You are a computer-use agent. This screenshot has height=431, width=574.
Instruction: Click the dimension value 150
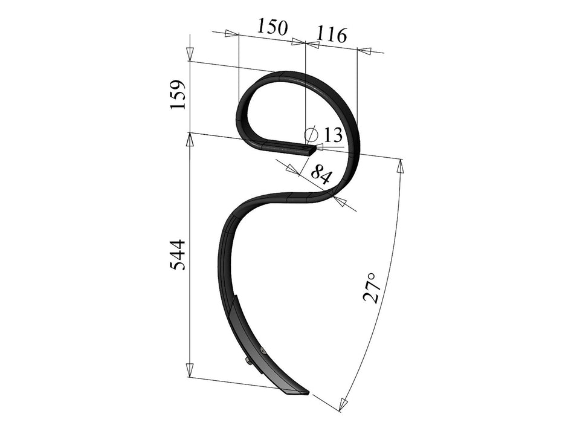pos(272,27)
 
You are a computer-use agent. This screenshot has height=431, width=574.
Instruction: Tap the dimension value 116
pos(332,35)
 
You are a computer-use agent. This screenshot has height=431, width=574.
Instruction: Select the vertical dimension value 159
pos(178,94)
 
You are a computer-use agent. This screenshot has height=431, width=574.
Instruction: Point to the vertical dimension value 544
pos(178,254)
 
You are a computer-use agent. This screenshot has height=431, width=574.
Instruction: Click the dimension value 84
pos(320,175)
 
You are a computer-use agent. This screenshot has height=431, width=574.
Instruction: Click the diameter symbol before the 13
pos(311,134)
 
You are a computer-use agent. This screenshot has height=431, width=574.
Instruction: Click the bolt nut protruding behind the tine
pos(249,361)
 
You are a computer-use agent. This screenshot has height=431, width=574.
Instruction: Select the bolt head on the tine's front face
pos(262,351)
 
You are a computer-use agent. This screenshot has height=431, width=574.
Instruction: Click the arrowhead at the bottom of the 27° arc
pos(344,404)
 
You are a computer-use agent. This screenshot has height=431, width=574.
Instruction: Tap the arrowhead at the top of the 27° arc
pos(399,165)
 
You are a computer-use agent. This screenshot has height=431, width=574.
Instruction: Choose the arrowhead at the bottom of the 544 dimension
pos(190,370)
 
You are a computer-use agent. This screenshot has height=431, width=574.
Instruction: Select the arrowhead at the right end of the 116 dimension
pos(364,51)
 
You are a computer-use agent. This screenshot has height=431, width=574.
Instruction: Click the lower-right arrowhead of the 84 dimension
pos(340,201)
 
